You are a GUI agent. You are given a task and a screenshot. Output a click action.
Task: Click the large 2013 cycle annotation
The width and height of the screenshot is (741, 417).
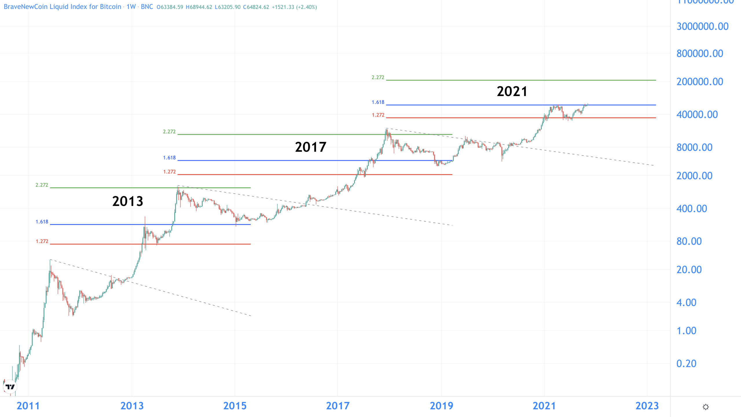click(128, 201)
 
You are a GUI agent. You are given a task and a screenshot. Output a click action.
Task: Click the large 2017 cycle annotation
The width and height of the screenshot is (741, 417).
click(311, 147)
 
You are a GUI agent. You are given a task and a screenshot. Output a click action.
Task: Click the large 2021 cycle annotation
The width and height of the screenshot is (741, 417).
click(512, 92)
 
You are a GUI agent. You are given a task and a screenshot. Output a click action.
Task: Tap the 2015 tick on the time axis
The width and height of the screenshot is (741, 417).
click(235, 406)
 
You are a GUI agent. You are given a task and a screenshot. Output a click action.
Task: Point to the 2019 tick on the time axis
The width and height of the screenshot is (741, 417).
click(441, 406)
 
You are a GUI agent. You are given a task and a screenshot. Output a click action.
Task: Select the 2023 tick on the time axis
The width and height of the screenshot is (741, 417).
click(647, 406)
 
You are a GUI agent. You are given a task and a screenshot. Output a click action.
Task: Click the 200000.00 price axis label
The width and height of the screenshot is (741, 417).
click(700, 82)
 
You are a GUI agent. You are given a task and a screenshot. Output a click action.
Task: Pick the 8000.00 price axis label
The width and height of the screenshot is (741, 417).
click(694, 147)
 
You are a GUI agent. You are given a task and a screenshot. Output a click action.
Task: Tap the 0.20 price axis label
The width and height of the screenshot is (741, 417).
click(686, 364)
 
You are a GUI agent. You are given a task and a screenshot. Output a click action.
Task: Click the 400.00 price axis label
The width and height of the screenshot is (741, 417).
click(692, 208)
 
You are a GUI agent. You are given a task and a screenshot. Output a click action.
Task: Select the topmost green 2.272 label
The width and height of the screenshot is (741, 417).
click(378, 78)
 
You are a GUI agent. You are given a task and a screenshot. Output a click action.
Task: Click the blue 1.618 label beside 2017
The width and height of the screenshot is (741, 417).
click(169, 158)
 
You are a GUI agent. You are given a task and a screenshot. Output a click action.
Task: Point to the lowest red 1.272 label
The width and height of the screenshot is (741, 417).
click(42, 241)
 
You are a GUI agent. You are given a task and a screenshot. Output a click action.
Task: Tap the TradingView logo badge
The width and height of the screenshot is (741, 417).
click(10, 387)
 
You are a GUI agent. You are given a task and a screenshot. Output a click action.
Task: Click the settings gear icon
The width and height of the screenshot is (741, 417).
click(706, 407)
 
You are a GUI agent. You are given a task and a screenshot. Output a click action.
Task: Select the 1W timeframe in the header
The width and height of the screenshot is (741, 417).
click(131, 7)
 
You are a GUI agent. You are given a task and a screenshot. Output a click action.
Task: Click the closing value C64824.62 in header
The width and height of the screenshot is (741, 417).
click(256, 7)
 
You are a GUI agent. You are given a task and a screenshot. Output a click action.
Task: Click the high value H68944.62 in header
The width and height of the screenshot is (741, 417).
click(199, 7)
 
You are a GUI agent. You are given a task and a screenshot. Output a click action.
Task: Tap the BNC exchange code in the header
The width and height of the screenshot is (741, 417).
click(147, 7)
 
